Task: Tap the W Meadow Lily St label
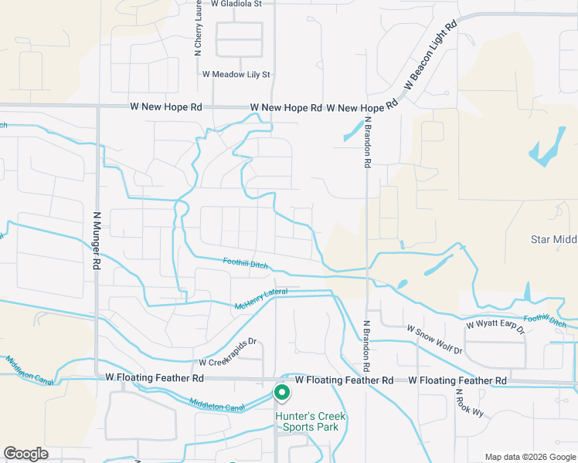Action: click(236, 75)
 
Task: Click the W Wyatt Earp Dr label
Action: click(495, 327)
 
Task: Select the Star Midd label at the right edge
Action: click(553, 239)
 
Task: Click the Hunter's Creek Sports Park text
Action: click(311, 422)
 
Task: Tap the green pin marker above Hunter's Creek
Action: click(282, 393)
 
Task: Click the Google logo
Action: click(25, 454)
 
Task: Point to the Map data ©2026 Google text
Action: click(530, 457)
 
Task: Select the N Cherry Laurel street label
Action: click(198, 31)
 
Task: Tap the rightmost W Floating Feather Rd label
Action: click(457, 380)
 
